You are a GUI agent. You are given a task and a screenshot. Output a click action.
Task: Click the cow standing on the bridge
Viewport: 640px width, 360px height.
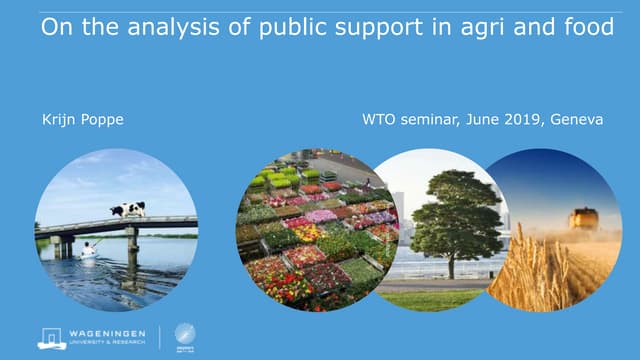(127, 209)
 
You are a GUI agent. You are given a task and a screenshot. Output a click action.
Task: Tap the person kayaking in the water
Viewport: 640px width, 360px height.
(89, 249)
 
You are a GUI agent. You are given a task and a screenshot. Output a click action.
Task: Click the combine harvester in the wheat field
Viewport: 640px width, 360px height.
(582, 218)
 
